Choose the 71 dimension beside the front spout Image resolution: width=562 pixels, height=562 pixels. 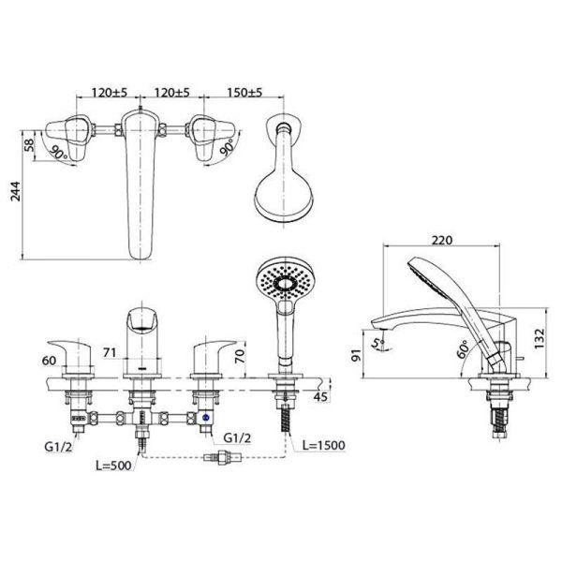point(110,352)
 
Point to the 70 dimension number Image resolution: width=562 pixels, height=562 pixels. point(242,356)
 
